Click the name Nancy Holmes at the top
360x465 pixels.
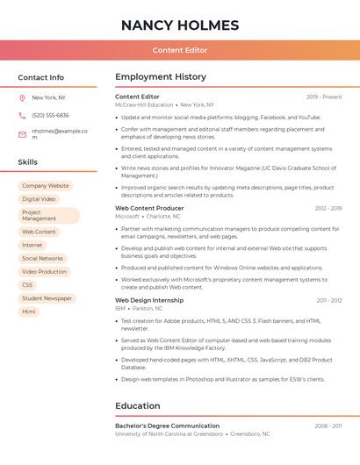tap(180, 25)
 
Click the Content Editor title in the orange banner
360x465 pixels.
tap(180, 50)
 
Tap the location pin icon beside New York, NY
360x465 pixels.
tap(22, 97)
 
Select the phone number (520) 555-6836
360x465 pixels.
tap(50, 115)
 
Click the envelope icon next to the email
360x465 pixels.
tap(22, 134)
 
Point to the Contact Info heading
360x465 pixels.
tap(41, 77)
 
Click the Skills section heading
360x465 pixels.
tap(28, 162)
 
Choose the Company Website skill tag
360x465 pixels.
tap(45, 186)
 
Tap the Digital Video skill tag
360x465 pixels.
tap(39, 199)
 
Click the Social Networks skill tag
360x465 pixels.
tap(42, 259)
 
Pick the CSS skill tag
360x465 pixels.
tap(27, 285)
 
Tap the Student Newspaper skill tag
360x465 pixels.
tap(47, 298)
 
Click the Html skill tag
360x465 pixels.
tap(29, 311)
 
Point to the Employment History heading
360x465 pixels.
tap(161, 77)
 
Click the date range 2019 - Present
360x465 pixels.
tap(324, 97)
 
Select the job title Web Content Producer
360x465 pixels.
tap(150, 208)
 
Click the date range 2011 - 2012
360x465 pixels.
tap(329, 300)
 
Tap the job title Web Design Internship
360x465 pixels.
tap(149, 300)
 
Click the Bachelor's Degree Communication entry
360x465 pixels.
tap(168, 426)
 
